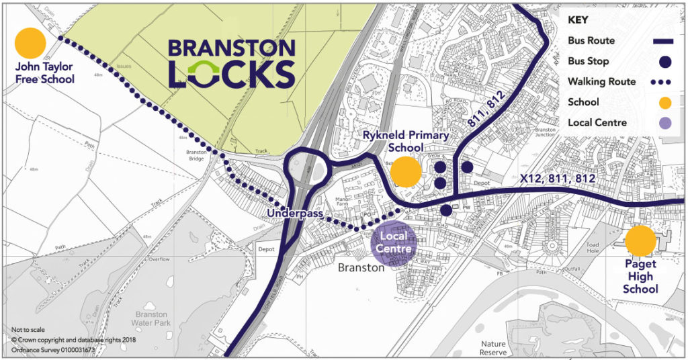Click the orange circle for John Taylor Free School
pyautogui.click(x=30, y=42)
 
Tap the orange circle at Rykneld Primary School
pyautogui.click(x=406, y=172)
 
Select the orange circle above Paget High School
pyautogui.click(x=640, y=241)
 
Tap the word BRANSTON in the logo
pyautogui.click(x=231, y=48)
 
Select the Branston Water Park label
pyautogui.click(x=150, y=318)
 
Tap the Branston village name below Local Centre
pyautogui.click(x=361, y=267)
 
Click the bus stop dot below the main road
pyautogui.click(x=446, y=210)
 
